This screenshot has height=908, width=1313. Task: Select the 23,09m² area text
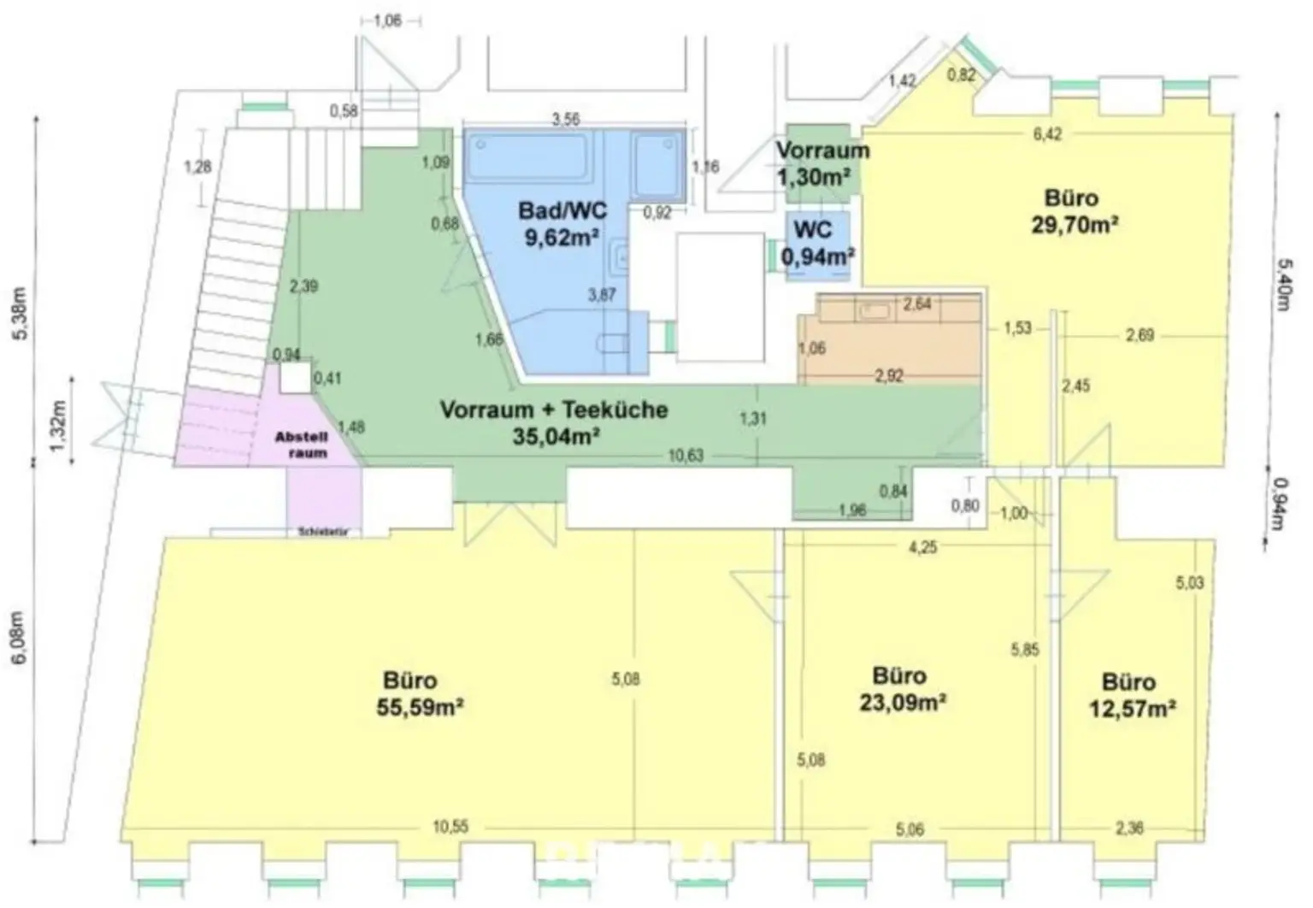(902, 703)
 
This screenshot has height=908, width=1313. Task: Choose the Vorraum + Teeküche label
(553, 410)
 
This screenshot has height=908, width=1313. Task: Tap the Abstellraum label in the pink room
(301, 445)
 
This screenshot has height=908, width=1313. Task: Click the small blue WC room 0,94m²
(817, 244)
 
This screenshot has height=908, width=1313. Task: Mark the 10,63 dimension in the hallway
(686, 456)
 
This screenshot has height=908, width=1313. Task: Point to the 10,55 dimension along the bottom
(450, 827)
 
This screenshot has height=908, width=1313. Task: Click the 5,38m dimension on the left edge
(23, 312)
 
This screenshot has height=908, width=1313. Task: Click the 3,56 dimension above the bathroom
(566, 120)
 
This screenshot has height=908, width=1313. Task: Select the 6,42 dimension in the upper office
(1047, 134)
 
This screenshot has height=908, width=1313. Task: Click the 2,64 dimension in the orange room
(917, 304)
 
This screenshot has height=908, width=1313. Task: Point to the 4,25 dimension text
(922, 547)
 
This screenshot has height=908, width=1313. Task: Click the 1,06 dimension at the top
(387, 21)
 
